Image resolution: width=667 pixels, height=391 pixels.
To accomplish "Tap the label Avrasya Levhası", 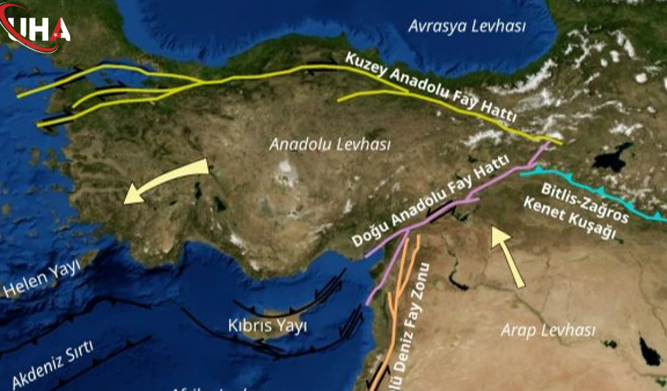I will pyautogui.click(x=467, y=26).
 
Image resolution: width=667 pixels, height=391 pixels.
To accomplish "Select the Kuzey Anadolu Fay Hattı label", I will pyautogui.click(x=431, y=92).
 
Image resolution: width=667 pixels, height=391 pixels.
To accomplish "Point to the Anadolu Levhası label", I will pyautogui.click(x=330, y=144).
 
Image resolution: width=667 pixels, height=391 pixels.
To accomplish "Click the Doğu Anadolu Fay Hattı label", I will pyautogui.click(x=430, y=201).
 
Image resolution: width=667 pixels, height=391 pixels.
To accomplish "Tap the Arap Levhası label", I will pyautogui.click(x=548, y=330).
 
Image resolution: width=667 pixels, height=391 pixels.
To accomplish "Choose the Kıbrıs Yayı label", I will pyautogui.click(x=268, y=326).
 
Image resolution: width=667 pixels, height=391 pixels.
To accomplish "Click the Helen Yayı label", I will pyautogui.click(x=42, y=280).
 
